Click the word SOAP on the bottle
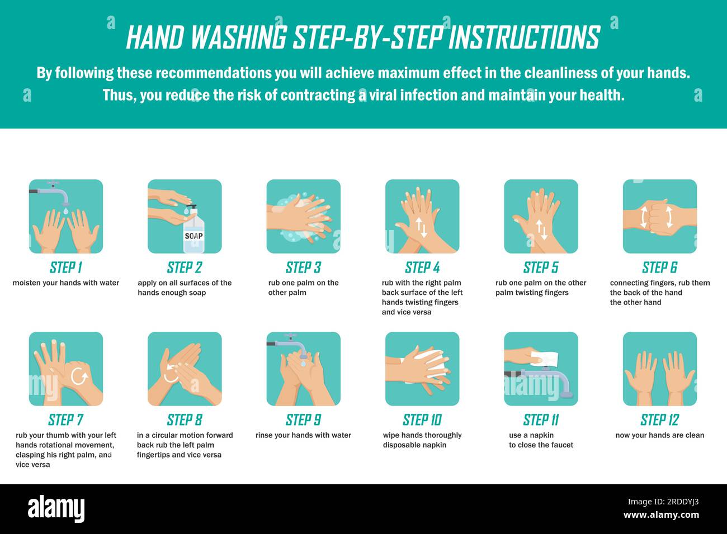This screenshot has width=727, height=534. coord(193,236)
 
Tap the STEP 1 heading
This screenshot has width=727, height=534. coord(65,268)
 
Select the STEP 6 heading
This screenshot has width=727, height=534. coord(659,268)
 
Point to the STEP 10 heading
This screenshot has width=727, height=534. coord(422,420)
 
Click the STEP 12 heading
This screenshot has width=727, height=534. coord(659,420)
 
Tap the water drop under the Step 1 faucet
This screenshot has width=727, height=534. coord(66,211)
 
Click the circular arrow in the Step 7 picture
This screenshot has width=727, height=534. coord(79,376)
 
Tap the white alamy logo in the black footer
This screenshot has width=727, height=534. coord(56,508)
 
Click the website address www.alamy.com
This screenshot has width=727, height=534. coord(661,515)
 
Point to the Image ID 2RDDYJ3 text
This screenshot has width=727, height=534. coord(663,502)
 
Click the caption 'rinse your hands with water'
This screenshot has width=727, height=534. coord(303,435)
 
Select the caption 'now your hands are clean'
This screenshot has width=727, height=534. coord(660,435)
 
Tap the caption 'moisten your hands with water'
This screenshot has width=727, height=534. coord(65,283)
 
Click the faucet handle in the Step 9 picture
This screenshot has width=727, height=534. coord(291,335)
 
